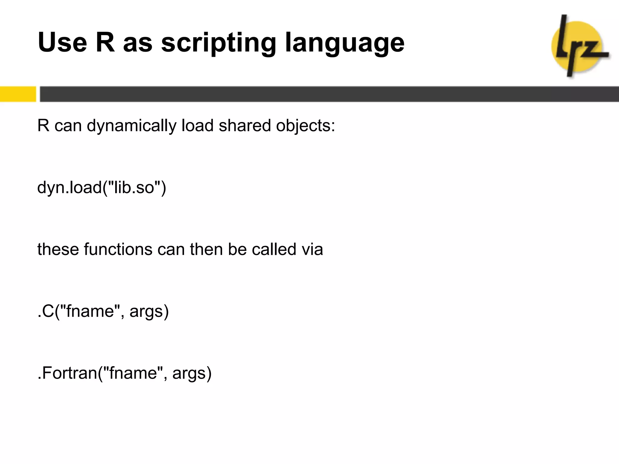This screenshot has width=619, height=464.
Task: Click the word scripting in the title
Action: tap(219, 43)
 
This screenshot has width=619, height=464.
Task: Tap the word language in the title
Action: tap(345, 43)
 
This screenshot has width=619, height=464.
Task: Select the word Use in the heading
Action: tap(62, 42)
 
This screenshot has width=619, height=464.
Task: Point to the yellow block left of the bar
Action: tap(18, 94)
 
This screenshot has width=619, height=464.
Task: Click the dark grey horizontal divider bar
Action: tap(329, 94)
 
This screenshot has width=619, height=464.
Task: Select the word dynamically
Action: tap(131, 126)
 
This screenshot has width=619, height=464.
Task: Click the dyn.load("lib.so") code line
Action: tap(102, 188)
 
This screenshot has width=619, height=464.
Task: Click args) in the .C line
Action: tap(149, 312)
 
